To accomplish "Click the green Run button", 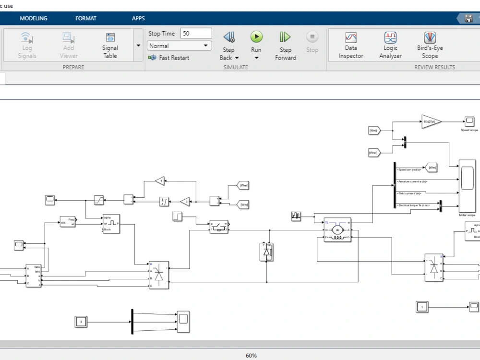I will coord(256,37).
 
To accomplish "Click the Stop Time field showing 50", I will coord(196,34).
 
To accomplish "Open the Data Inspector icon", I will coord(351,38).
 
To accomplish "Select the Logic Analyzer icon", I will coord(390,38).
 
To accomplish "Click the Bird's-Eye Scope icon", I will coord(430,38).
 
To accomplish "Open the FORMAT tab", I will coord(86,18).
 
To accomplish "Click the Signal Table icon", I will coord(110,38).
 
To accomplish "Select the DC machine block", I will coord(337,230).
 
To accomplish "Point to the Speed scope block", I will coord(469,121).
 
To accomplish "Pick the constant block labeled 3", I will coord(81,322).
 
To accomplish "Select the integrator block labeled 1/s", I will coord(164,202).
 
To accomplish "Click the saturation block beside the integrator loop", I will coord(98,199).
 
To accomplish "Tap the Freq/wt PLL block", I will coord(68,221).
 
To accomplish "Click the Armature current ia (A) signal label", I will coord(412,181).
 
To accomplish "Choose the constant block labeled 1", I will coord(422,307).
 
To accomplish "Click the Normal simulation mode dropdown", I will coord(180,46).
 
